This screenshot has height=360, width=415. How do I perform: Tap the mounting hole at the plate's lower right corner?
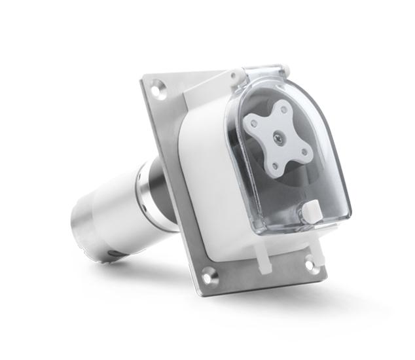click(311, 264)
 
